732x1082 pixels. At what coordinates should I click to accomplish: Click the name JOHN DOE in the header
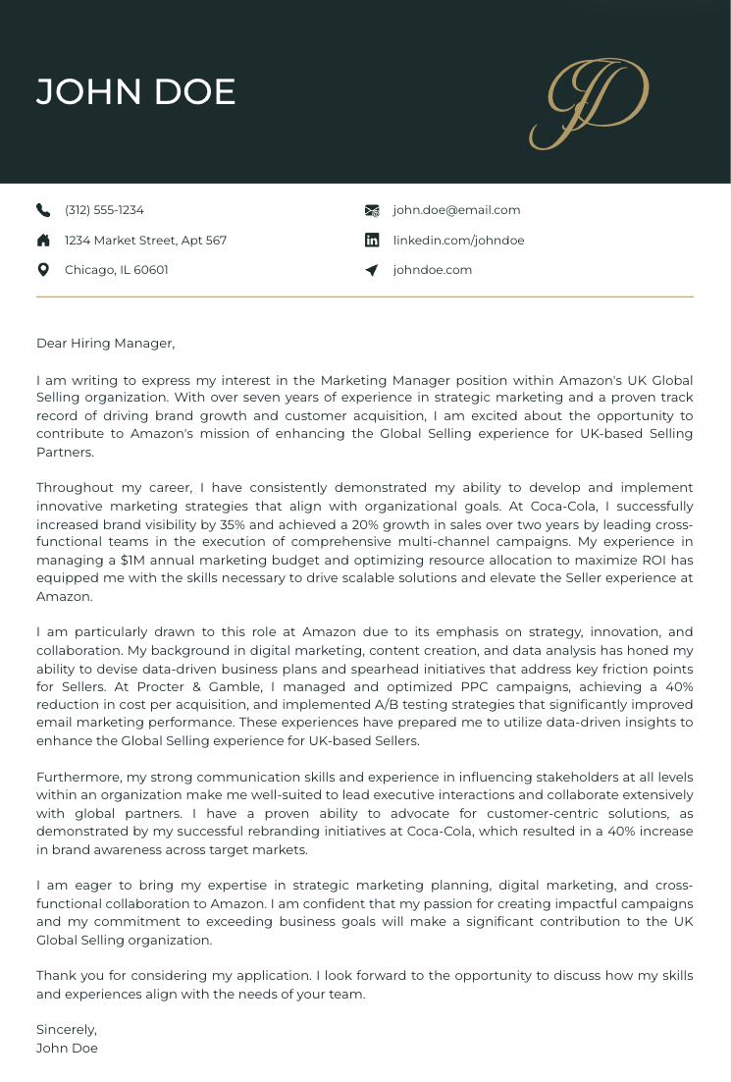click(135, 91)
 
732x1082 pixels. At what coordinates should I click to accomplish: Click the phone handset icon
click(43, 210)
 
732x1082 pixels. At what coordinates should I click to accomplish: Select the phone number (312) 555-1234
click(104, 210)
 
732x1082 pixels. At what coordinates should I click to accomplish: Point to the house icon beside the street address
click(43, 241)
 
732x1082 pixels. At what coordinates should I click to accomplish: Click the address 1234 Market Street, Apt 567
click(145, 241)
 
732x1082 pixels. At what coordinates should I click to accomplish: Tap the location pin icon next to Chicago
click(43, 270)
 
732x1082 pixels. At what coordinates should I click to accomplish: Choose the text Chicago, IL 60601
click(116, 270)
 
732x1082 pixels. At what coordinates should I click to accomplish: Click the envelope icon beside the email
click(372, 210)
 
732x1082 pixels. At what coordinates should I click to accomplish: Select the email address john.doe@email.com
click(456, 210)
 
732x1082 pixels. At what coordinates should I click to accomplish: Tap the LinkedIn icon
click(372, 241)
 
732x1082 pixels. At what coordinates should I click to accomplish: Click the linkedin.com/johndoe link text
click(458, 241)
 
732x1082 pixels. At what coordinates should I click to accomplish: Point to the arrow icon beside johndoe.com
click(372, 270)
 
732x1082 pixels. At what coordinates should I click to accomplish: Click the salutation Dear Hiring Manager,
click(105, 344)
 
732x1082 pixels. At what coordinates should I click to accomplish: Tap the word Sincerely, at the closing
click(67, 1030)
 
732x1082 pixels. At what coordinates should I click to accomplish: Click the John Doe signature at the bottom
click(67, 1048)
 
